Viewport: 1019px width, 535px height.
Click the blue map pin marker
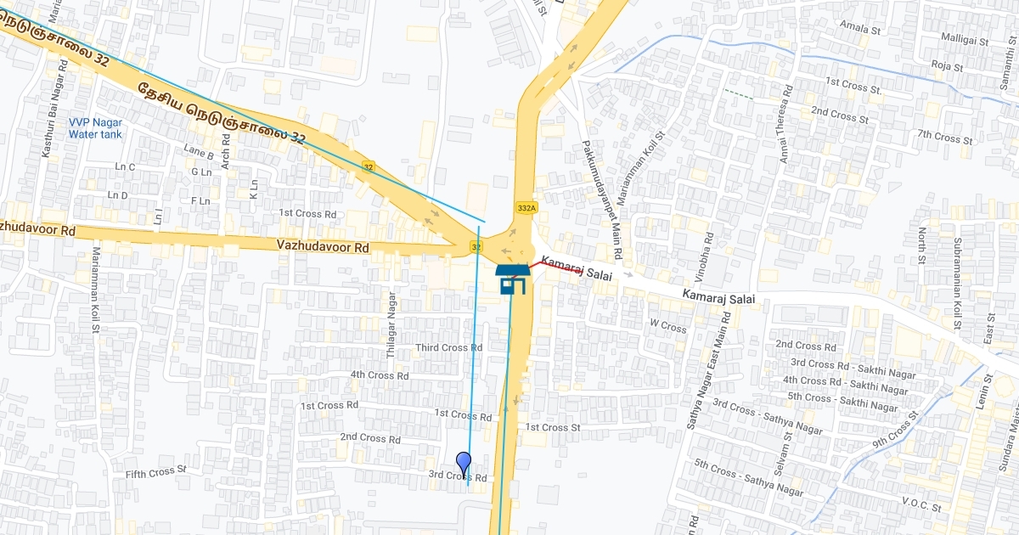(x=464, y=464)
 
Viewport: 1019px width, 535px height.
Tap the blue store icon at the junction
(x=512, y=278)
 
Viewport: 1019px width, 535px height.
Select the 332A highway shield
(x=526, y=207)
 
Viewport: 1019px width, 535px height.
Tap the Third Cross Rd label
(x=448, y=348)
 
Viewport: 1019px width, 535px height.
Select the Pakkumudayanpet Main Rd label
(x=601, y=200)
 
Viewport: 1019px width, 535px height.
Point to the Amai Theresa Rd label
(x=785, y=124)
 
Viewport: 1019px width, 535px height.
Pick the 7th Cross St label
(x=944, y=137)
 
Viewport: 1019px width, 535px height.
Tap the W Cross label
(x=667, y=326)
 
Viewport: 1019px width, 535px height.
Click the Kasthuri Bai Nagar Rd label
(x=50, y=118)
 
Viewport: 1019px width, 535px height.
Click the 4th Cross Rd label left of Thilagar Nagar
(x=380, y=375)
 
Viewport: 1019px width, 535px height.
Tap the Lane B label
(x=199, y=153)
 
